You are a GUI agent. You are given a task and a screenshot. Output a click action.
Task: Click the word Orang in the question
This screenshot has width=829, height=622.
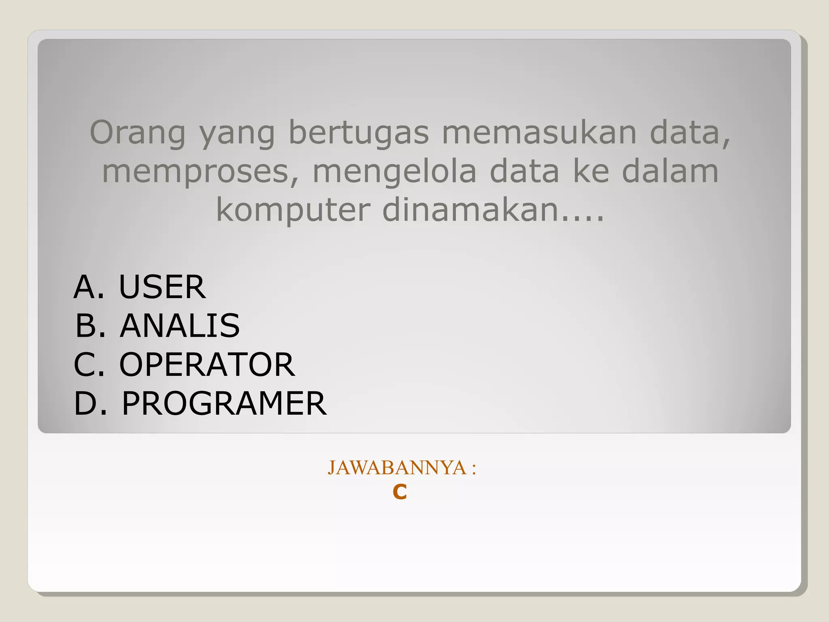point(137,133)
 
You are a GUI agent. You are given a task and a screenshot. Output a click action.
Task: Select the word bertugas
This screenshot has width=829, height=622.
point(359,133)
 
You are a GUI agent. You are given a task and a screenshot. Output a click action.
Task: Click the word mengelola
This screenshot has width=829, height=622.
point(395,172)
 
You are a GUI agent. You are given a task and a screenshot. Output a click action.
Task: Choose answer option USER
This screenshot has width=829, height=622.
point(162,287)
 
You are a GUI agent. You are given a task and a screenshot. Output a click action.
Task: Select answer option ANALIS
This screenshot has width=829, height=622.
point(180,326)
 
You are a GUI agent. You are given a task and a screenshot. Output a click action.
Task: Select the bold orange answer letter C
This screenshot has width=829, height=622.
point(400,493)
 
